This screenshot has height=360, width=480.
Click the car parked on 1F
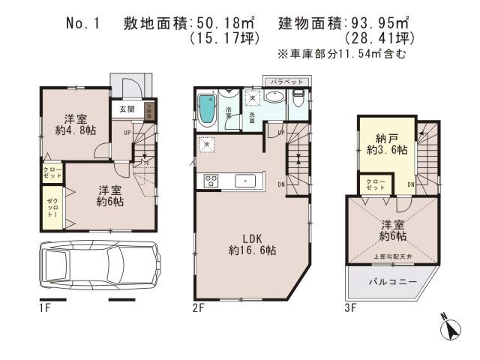tap(99, 267)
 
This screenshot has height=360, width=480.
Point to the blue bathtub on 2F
tap(206, 110)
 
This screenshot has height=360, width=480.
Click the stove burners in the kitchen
tap(208, 181)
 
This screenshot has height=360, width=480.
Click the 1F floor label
tap(44, 307)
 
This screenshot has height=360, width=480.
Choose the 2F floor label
tap(198, 307)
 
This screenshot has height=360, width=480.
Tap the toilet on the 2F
tap(298, 98)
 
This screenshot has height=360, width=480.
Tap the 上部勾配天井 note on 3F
tap(388, 255)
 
